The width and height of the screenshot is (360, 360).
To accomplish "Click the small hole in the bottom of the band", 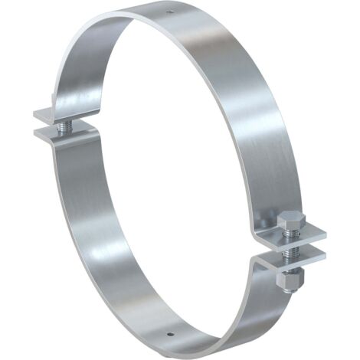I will point(170,334).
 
